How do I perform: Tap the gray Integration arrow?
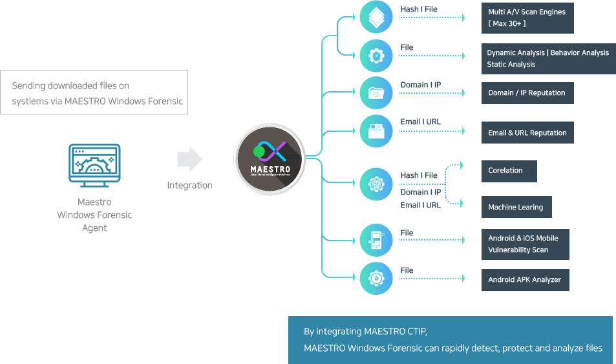(x=189, y=159)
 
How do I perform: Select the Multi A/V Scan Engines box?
(x=527, y=18)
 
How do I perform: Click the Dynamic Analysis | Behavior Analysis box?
(x=548, y=59)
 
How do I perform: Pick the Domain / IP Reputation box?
(x=527, y=93)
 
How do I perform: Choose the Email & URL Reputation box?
(x=527, y=133)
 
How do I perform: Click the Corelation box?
(x=509, y=171)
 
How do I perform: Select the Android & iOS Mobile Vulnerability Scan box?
(x=525, y=244)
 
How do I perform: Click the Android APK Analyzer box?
(x=525, y=280)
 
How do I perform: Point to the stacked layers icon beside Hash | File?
(x=376, y=17)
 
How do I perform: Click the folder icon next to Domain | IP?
(x=376, y=93)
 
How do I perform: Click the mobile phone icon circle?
(x=376, y=240)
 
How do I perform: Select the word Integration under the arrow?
(x=189, y=186)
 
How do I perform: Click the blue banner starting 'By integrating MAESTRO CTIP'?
(x=450, y=340)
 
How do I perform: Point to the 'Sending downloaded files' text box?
(x=94, y=92)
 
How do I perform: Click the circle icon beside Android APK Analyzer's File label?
(x=376, y=278)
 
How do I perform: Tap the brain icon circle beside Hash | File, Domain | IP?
(x=376, y=184)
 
